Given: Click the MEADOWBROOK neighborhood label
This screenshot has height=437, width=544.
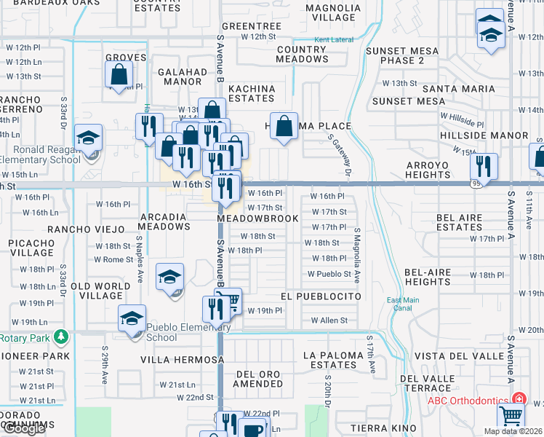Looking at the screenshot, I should click(x=257, y=219).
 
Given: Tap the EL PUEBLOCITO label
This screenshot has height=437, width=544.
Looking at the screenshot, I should click(x=321, y=297).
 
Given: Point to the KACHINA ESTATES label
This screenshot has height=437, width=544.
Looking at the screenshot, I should click(x=252, y=93).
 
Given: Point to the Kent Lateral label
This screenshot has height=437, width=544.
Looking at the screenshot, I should click(x=331, y=40).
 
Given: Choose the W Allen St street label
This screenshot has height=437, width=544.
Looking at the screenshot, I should click(x=329, y=320).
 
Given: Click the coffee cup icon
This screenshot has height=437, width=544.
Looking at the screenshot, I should click(x=253, y=430).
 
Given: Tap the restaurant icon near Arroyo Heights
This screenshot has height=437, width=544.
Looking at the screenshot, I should click(x=483, y=165).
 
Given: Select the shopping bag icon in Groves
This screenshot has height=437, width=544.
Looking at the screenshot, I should click(x=119, y=73).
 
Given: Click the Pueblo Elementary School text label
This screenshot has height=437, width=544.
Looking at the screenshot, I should click(x=161, y=332).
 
